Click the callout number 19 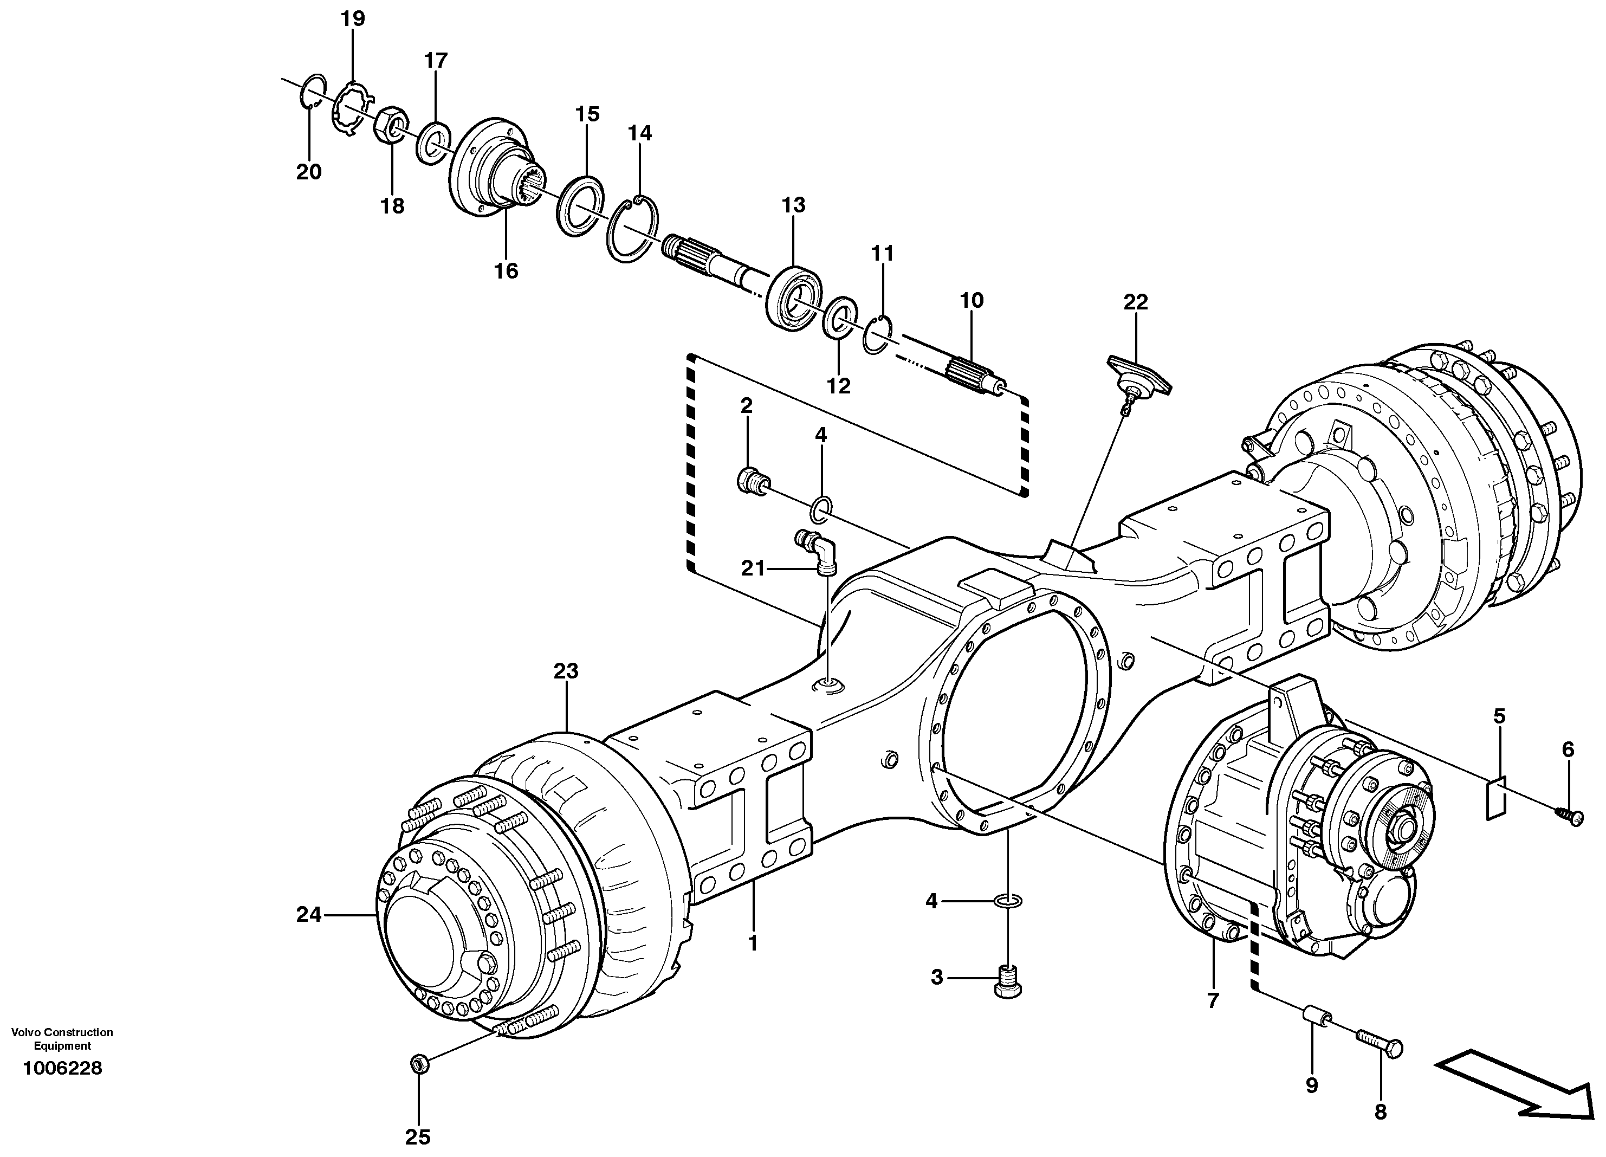pyautogui.click(x=353, y=18)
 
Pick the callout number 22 pyautogui.click(x=1136, y=302)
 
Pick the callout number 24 pyautogui.click(x=309, y=915)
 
